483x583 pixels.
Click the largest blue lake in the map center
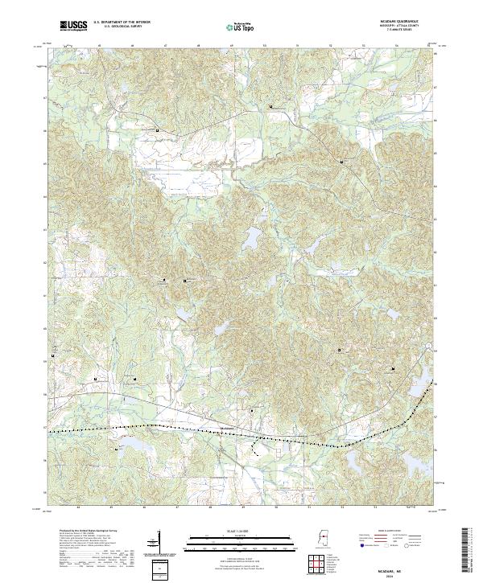coord(251,238)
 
